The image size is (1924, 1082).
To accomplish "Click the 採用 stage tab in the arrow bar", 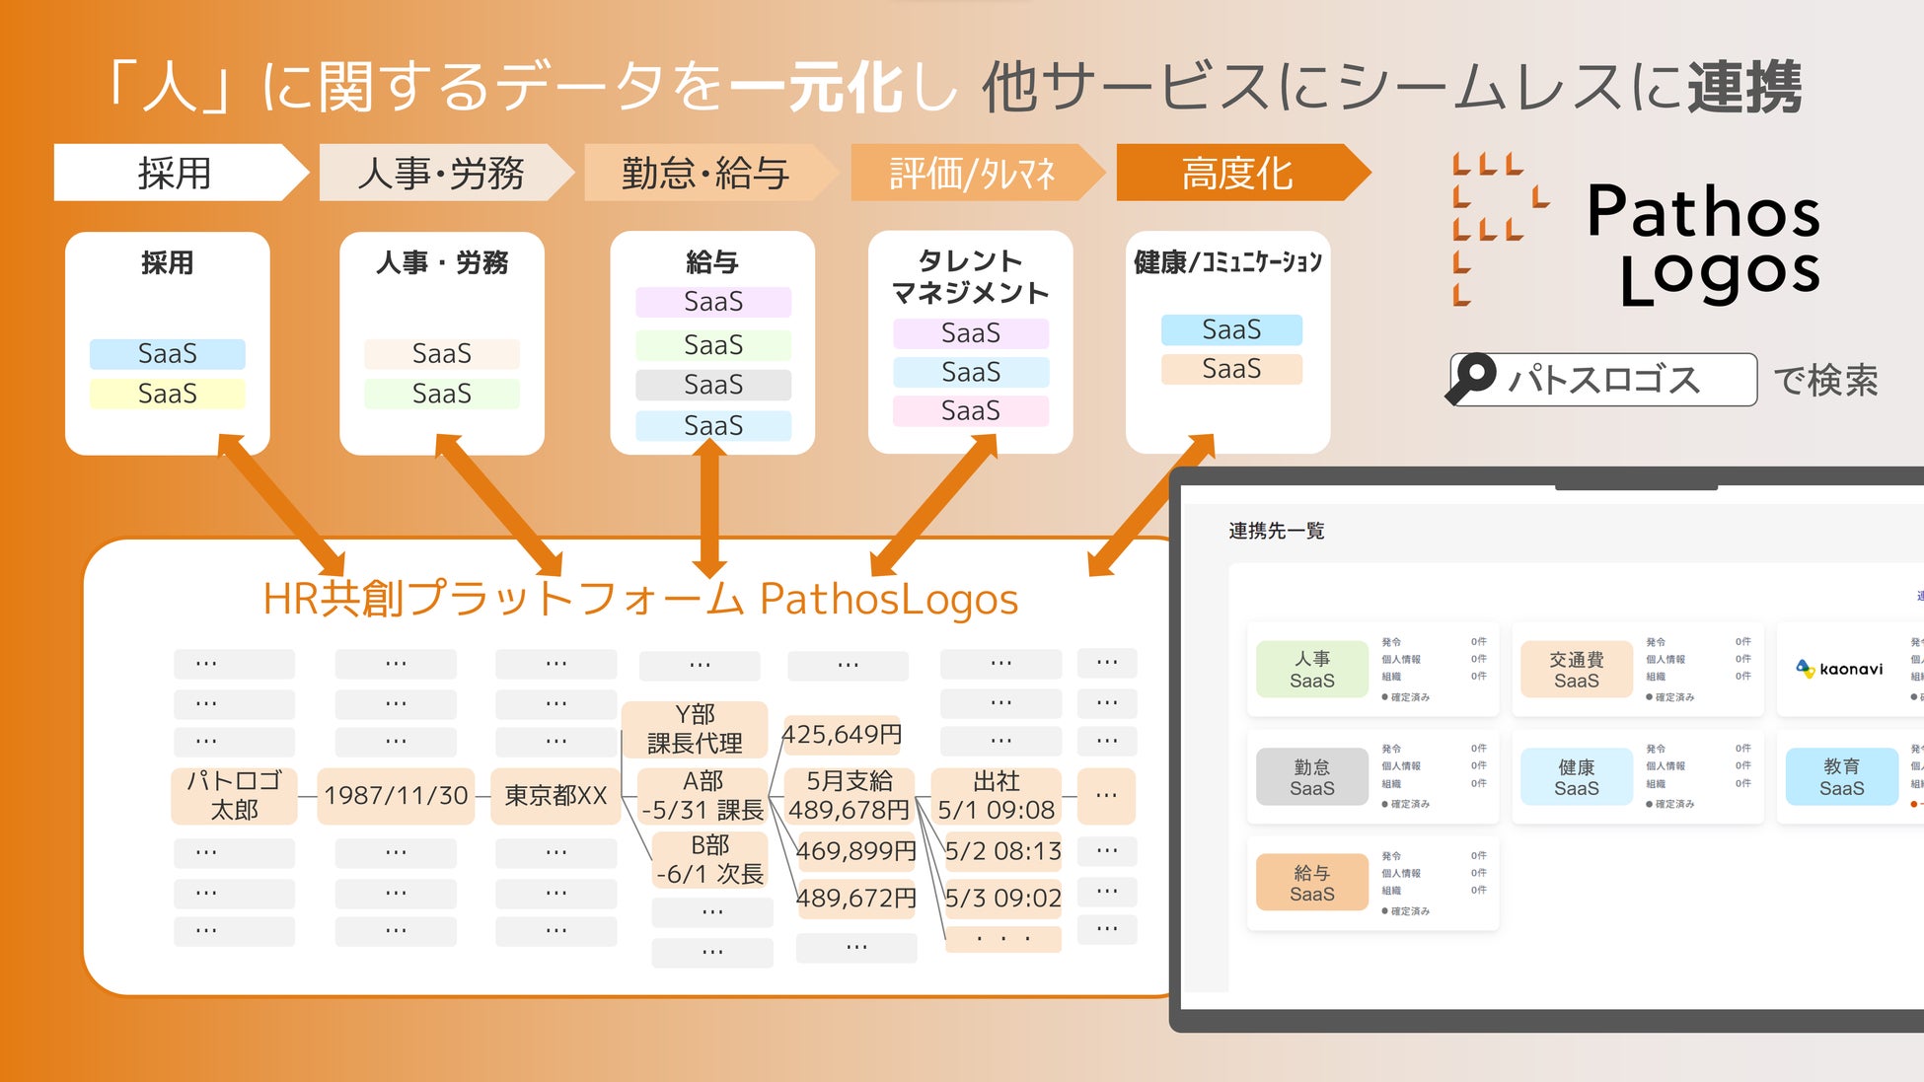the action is (175, 174).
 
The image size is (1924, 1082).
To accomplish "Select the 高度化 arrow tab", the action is (1237, 174).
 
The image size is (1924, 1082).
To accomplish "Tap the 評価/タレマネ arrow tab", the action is (972, 174).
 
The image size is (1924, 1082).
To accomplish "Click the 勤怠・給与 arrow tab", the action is (704, 174).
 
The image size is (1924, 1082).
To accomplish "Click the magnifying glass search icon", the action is (1473, 379).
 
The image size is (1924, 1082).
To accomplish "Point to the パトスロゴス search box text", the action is (1604, 380).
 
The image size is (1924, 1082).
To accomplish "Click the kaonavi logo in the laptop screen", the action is (1840, 669).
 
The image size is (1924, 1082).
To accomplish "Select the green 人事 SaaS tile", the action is (1311, 669).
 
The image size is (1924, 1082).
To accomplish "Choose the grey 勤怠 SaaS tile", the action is (1311, 777).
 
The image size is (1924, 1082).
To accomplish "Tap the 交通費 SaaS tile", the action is (1576, 669).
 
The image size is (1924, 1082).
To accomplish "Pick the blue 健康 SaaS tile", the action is (1576, 777).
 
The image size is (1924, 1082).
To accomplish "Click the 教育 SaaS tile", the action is (1841, 777).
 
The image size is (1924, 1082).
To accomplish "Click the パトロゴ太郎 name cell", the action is (235, 795).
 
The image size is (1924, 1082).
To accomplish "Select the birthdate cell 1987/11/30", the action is (396, 795).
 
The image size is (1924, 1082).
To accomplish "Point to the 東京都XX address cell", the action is (555, 795).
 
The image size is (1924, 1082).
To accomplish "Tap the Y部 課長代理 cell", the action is (695, 729).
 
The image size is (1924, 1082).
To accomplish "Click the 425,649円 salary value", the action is (842, 735).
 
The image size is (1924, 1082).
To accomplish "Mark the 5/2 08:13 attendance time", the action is (1002, 851).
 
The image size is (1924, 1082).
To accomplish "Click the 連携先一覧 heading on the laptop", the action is (1276, 531).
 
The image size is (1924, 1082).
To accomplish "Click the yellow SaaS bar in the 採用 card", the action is (167, 394).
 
